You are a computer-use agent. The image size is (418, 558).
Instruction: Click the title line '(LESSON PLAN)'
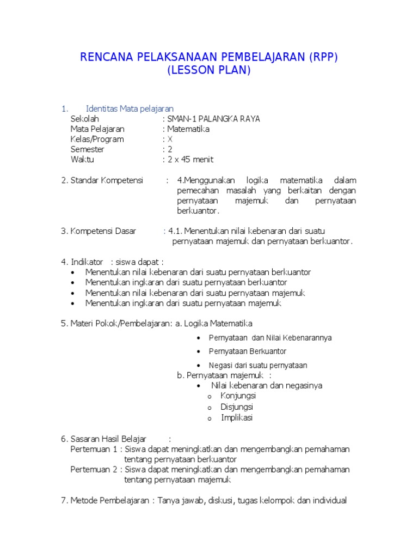pos(210,70)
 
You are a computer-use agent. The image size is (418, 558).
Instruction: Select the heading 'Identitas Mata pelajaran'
pos(130,108)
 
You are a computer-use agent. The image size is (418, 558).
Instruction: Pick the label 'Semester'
pos(87,149)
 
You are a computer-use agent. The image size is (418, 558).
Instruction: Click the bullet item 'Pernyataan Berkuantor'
pos(248,351)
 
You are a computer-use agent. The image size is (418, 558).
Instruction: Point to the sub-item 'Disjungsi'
pos(237,407)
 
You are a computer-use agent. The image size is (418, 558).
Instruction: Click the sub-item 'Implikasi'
pos(237,418)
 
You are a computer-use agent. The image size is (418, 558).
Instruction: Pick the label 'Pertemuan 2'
pos(94,469)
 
